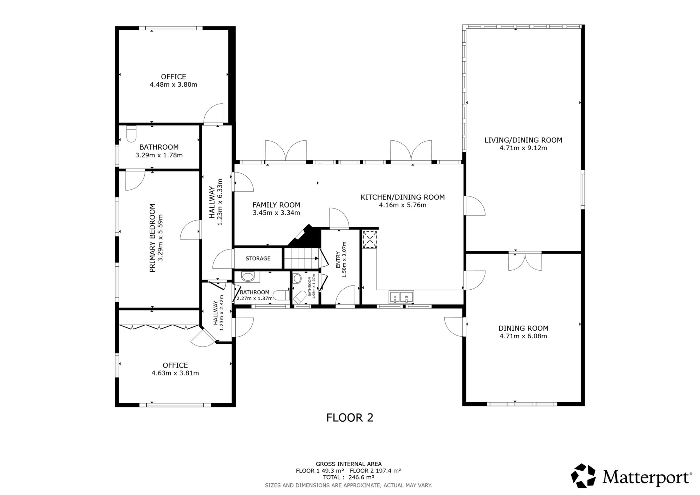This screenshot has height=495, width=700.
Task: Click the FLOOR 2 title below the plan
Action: (x=350, y=418)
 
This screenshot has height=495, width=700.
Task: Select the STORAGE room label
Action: (x=258, y=259)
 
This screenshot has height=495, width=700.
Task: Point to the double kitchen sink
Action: (x=401, y=297)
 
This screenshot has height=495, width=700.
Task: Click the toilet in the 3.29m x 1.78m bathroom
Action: (x=131, y=134)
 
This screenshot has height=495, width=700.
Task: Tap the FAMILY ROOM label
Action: (x=276, y=205)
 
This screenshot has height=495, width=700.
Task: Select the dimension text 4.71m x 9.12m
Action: (x=523, y=148)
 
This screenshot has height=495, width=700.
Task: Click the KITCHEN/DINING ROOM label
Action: (x=403, y=197)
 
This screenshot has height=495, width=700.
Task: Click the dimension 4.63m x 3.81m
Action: (x=175, y=373)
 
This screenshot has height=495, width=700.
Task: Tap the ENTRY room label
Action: (x=338, y=260)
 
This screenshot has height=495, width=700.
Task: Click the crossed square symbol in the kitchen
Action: (x=370, y=240)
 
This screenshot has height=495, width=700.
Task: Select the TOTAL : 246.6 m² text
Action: (x=349, y=477)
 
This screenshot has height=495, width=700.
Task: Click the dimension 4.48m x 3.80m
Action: (x=174, y=85)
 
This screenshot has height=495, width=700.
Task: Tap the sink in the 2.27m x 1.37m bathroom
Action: (x=248, y=277)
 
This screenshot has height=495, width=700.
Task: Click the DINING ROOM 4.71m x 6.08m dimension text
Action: (x=523, y=336)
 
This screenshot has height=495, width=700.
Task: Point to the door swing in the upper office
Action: (x=214, y=114)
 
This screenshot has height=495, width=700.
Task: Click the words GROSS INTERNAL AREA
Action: (x=349, y=464)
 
